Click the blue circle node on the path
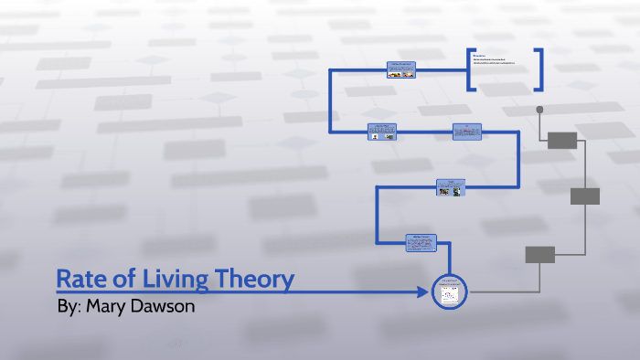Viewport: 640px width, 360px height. click(449, 291)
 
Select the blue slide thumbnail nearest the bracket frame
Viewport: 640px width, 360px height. click(400, 70)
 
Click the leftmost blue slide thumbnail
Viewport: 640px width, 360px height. click(382, 132)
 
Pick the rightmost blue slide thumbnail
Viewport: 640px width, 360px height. click(466, 132)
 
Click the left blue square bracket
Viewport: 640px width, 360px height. click(470, 69)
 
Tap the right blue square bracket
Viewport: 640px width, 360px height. click(540, 69)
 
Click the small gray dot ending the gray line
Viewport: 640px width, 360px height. click(539, 110)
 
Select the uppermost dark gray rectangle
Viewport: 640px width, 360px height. click(562, 140)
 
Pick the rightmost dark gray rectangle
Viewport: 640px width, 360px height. click(584, 196)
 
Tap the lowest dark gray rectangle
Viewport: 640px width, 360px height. click(539, 254)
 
